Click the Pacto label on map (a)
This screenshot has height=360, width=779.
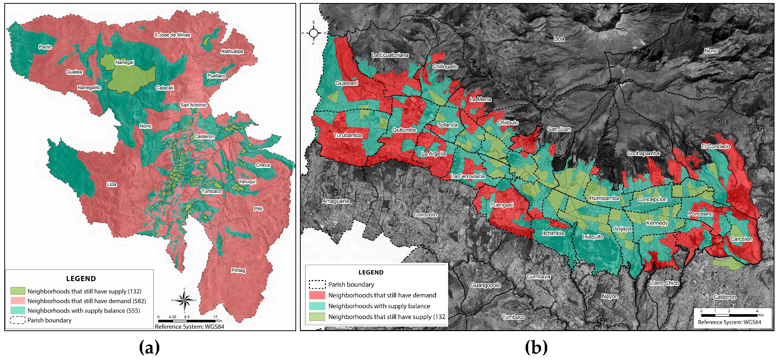coord(45,47)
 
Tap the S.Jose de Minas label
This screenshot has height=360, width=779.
coord(172,35)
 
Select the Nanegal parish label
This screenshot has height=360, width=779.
coord(124,62)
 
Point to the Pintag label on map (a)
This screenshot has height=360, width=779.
coord(238,270)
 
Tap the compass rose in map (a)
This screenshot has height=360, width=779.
coord(184,300)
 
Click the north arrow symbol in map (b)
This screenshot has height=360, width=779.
coord(314,33)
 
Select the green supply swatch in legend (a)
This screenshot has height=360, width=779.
coord(18,291)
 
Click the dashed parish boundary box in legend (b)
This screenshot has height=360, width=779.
coord(317,284)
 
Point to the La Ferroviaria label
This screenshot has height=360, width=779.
coord(468,176)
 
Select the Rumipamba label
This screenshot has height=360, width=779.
coord(604,198)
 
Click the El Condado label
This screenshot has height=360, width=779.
coord(716,146)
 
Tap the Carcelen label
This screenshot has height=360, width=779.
coord(741,239)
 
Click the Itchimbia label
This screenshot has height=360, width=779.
coord(553,233)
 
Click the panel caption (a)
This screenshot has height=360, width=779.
coord(149,348)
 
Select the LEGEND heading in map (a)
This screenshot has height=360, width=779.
coord(81,278)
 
